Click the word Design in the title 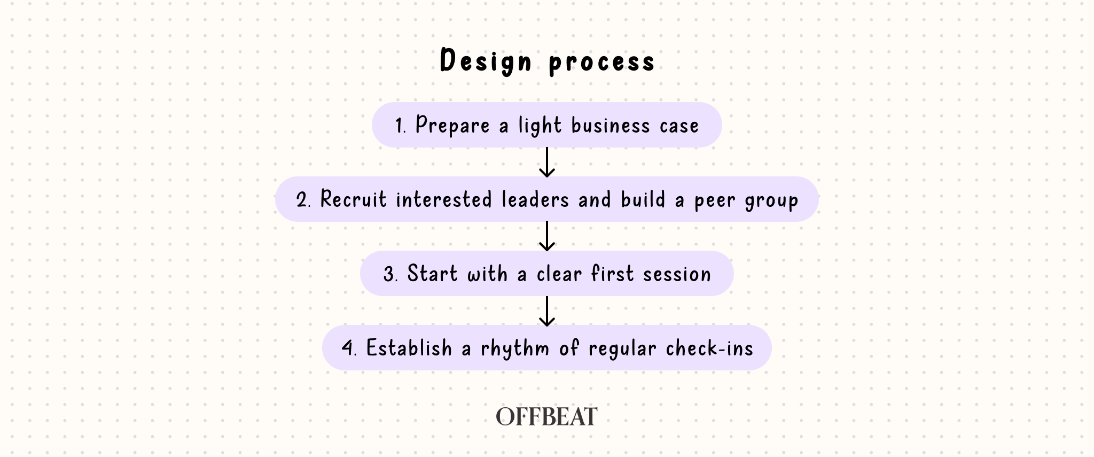coord(486,61)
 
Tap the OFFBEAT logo coord(546,417)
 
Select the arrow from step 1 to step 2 coord(546,162)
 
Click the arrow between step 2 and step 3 coord(546,236)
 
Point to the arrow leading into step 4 coord(546,311)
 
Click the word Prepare coord(452,126)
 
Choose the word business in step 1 coord(611,126)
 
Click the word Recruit coord(353,200)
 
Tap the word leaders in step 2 coord(535,200)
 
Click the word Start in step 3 coord(432,274)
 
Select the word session coord(677,275)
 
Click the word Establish coord(409,348)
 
